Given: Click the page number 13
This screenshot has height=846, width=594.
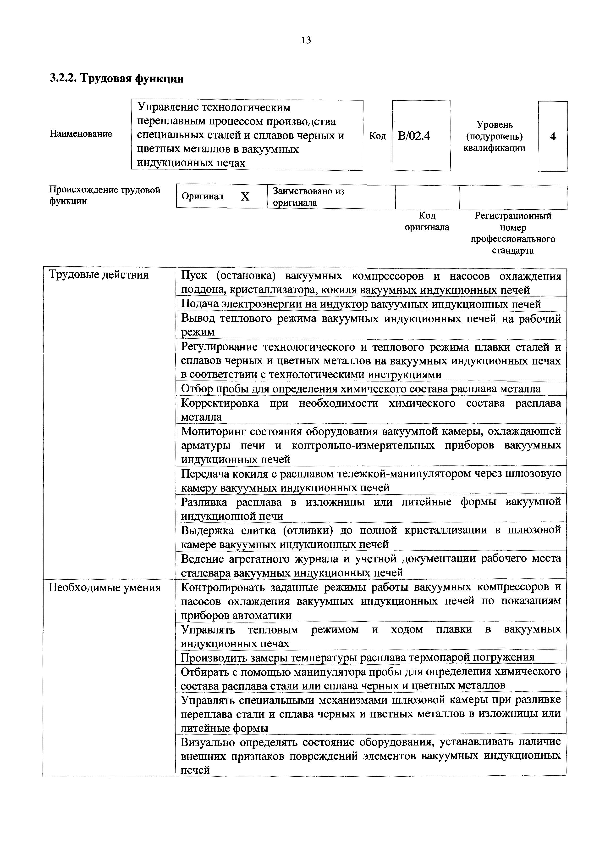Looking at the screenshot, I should click(306, 40).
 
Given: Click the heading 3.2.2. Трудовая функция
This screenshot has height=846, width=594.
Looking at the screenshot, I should click(116, 78).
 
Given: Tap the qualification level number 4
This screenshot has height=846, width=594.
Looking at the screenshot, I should click(552, 137).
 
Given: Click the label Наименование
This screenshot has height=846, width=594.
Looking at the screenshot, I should click(81, 134).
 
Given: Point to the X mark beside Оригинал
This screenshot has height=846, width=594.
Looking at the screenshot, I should click(245, 197).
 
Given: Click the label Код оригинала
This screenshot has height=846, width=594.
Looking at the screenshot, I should click(427, 221).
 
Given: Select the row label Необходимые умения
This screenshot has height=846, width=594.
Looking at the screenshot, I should click(104, 587).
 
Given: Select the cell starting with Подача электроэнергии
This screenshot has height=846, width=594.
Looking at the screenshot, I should click(361, 304).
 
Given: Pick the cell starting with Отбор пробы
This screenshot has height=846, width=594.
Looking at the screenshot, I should click(361, 389).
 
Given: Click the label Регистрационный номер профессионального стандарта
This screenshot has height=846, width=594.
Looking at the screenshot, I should click(513, 233).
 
